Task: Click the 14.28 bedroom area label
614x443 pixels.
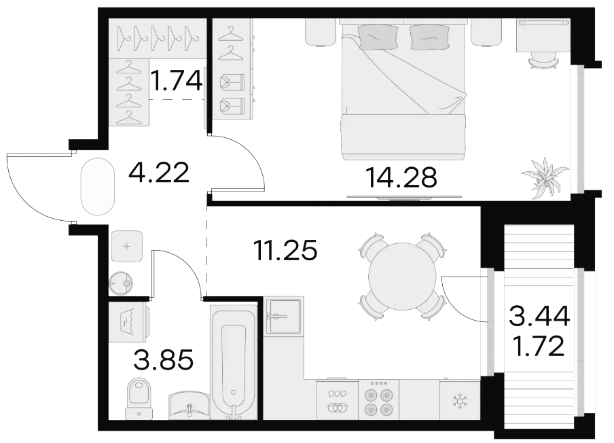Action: pyautogui.click(x=401, y=177)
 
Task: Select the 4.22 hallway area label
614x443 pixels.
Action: pyautogui.click(x=159, y=173)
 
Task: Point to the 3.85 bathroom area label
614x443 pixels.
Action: pyautogui.click(x=163, y=360)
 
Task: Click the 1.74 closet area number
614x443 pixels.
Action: pyautogui.click(x=177, y=80)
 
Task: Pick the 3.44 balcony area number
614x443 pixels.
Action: pyautogui.click(x=539, y=317)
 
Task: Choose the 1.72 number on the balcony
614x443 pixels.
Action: pyautogui.click(x=539, y=346)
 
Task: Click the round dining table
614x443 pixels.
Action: pyautogui.click(x=403, y=277)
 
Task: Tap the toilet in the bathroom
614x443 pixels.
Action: pyautogui.click(x=139, y=398)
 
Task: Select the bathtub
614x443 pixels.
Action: pyautogui.click(x=234, y=361)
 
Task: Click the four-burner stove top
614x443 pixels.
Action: pyautogui.click(x=379, y=400)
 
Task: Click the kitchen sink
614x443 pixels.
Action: pyautogui.click(x=283, y=316)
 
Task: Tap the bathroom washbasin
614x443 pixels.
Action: pyautogui.click(x=189, y=406)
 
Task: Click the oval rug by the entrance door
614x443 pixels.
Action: pyautogui.click(x=98, y=186)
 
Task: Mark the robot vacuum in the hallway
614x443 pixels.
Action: pyautogui.click(x=121, y=283)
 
